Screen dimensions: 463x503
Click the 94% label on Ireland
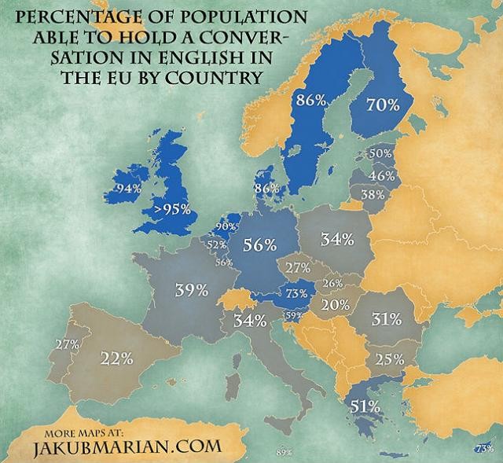[x=127, y=189]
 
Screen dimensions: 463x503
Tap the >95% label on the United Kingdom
[x=172, y=209]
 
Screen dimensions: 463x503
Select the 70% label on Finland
[x=384, y=105]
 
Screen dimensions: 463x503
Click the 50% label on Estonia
[x=380, y=153]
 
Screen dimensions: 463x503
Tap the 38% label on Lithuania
[x=372, y=194]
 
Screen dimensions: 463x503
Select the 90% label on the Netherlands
[x=226, y=227]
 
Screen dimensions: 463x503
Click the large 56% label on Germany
[x=259, y=244]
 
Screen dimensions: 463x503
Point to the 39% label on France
[x=191, y=290]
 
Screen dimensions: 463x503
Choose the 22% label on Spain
[x=116, y=358]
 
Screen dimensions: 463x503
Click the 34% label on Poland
[x=336, y=240]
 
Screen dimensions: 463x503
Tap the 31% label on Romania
[x=387, y=319]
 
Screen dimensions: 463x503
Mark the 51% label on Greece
[x=365, y=406]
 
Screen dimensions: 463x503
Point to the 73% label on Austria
[x=296, y=293]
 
